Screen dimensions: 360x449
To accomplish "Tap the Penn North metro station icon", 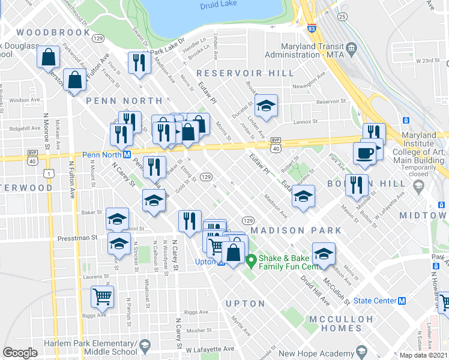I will (127, 155).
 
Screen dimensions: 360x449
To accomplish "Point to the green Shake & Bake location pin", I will (252, 260).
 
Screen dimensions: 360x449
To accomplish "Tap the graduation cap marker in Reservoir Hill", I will (266, 107).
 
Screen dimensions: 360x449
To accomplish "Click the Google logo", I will (20, 353).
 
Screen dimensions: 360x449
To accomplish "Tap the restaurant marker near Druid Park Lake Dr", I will (139, 63).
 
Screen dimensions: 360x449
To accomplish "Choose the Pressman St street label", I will (77, 238).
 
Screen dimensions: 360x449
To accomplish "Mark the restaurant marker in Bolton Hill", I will (357, 185).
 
